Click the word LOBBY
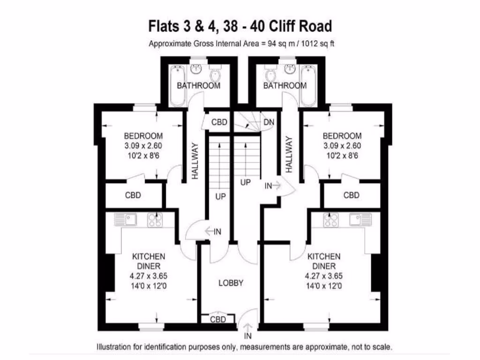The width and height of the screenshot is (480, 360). (x=231, y=283)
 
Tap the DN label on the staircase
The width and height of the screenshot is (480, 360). (x=269, y=122)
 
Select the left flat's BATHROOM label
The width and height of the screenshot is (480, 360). (x=198, y=86)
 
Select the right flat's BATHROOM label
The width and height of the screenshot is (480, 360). (x=285, y=86)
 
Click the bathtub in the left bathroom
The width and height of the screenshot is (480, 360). (x=178, y=86)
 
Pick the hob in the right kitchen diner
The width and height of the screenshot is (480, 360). (x=331, y=219)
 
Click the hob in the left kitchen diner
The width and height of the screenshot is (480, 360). (x=155, y=219)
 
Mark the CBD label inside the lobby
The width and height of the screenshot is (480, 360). (x=218, y=320)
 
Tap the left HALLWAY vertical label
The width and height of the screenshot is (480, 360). (x=195, y=161)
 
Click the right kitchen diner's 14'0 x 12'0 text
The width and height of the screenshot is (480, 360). (x=324, y=285)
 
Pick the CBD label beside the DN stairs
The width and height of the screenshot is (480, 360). (x=219, y=122)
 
